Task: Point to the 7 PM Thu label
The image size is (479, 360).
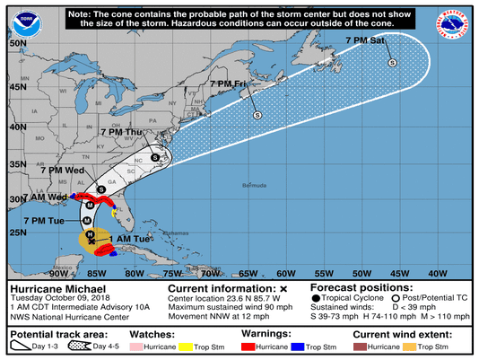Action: [122, 132]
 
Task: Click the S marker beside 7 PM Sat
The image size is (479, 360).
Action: [392, 63]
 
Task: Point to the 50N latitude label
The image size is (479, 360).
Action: [13, 42]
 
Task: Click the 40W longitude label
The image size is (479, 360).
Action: [439, 273]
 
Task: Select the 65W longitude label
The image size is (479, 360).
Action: [248, 273]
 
